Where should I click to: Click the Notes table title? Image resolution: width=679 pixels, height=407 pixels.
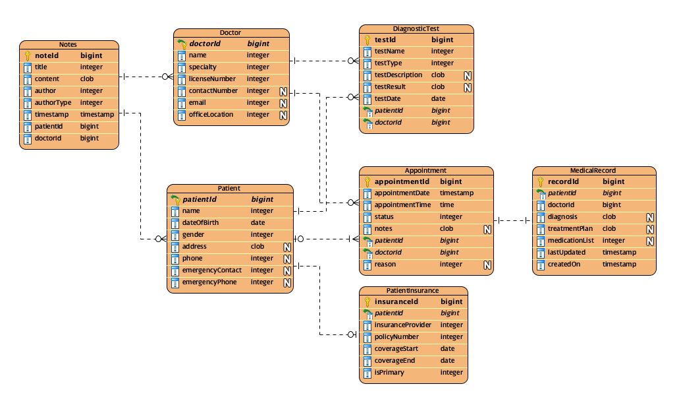point(68,44)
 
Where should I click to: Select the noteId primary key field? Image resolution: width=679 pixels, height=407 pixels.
point(46,55)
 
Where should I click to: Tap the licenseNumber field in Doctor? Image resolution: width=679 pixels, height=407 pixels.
point(212,79)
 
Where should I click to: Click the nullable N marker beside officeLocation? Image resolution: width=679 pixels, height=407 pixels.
point(283,115)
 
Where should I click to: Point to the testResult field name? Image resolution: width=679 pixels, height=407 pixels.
point(390,87)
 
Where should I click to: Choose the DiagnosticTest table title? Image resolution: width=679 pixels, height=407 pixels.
point(416,29)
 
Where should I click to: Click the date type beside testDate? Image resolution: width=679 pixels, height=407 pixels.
point(438,99)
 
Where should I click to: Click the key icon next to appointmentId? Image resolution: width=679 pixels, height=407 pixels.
point(368,181)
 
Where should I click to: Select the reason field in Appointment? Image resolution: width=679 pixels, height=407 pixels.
point(385,265)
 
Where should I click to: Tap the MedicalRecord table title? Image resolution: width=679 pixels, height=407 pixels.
point(593,170)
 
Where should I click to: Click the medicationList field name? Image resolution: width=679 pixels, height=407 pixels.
point(570,241)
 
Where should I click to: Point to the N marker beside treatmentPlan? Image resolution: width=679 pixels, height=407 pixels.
point(649,229)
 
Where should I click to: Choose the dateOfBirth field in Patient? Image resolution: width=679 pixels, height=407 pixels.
point(200,223)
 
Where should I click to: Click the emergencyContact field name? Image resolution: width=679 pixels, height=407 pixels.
point(211,270)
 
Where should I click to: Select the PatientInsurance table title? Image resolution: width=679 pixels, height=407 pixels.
point(412,290)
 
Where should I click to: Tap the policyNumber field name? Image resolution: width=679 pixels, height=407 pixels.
point(396,337)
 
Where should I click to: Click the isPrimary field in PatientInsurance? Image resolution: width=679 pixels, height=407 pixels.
point(389,373)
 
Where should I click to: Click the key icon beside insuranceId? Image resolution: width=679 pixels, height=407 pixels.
point(368,301)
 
